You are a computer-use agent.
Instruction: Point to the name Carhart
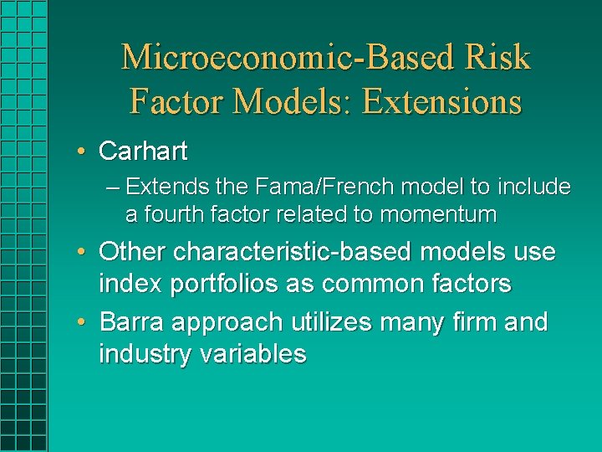[143, 152]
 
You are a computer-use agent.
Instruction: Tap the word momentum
[438, 214]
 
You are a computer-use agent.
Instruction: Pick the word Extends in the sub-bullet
[166, 186]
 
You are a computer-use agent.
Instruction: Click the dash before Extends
[114, 187]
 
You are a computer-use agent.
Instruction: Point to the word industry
[145, 354]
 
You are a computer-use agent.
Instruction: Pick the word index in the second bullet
[130, 285]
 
